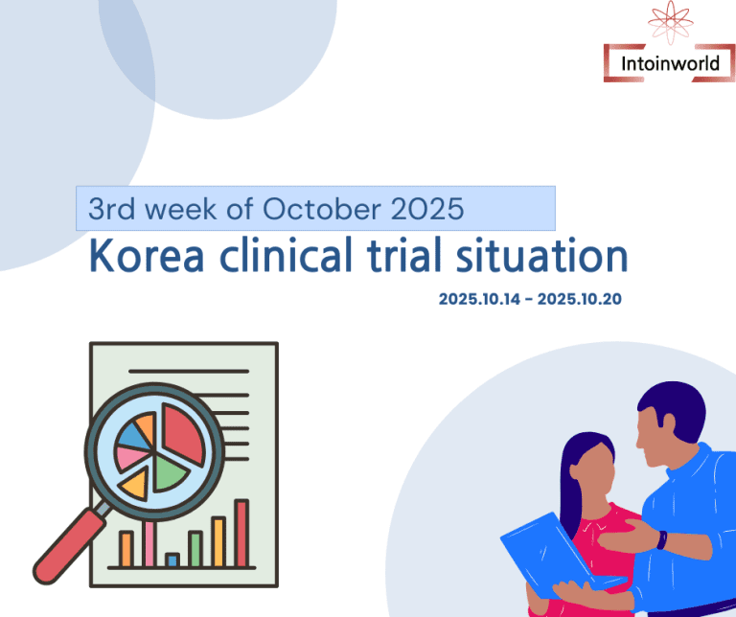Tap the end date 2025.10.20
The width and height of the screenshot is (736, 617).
[580, 299]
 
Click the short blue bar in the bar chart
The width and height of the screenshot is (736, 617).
[172, 559]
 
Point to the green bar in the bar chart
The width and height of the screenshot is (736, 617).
[195, 548]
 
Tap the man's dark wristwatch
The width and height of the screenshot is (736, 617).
[660, 539]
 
